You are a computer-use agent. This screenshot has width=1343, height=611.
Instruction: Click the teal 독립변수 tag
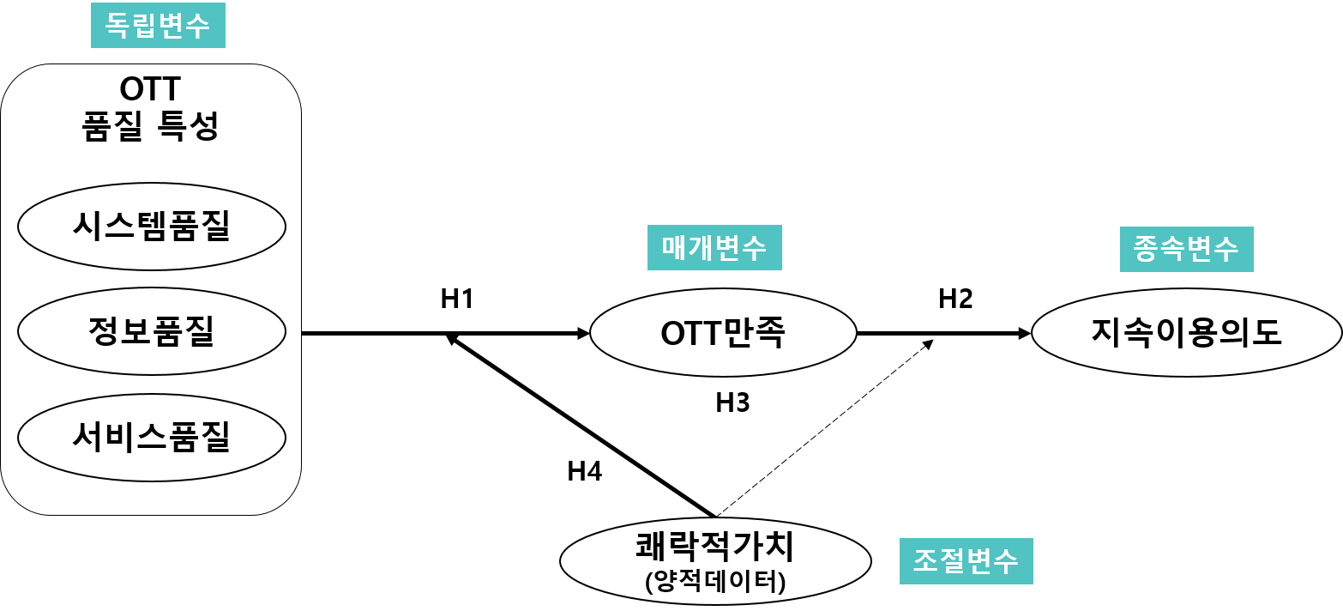click(158, 26)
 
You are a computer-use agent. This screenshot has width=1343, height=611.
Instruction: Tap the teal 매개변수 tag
click(714, 248)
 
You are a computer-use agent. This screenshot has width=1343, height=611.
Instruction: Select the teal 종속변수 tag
click(1186, 249)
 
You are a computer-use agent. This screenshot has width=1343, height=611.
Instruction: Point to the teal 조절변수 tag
click(966, 561)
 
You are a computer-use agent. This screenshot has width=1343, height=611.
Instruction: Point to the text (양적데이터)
click(715, 582)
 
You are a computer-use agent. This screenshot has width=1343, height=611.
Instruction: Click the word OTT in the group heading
click(150, 88)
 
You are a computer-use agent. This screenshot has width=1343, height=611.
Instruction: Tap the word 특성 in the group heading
click(189, 126)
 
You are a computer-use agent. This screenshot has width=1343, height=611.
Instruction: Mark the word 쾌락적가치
click(715, 547)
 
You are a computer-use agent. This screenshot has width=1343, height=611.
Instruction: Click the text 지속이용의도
click(1186, 332)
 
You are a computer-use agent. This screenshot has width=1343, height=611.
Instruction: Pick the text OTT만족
click(723, 333)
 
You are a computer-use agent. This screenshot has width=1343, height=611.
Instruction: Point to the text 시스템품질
click(152, 227)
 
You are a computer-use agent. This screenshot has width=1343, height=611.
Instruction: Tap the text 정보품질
click(152, 331)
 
